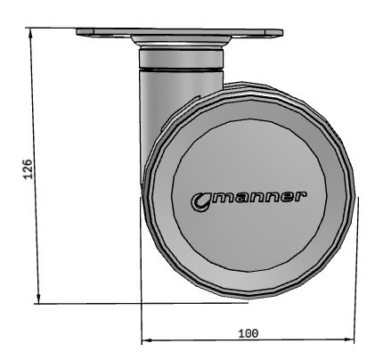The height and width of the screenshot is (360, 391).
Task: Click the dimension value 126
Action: tap(28, 168)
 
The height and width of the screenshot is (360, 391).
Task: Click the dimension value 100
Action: tap(248, 332)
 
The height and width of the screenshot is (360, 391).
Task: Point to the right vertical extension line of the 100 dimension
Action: tap(355, 267)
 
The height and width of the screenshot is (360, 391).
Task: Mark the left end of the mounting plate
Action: tap(80, 33)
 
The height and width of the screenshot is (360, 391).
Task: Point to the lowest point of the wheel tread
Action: tap(245, 299)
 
